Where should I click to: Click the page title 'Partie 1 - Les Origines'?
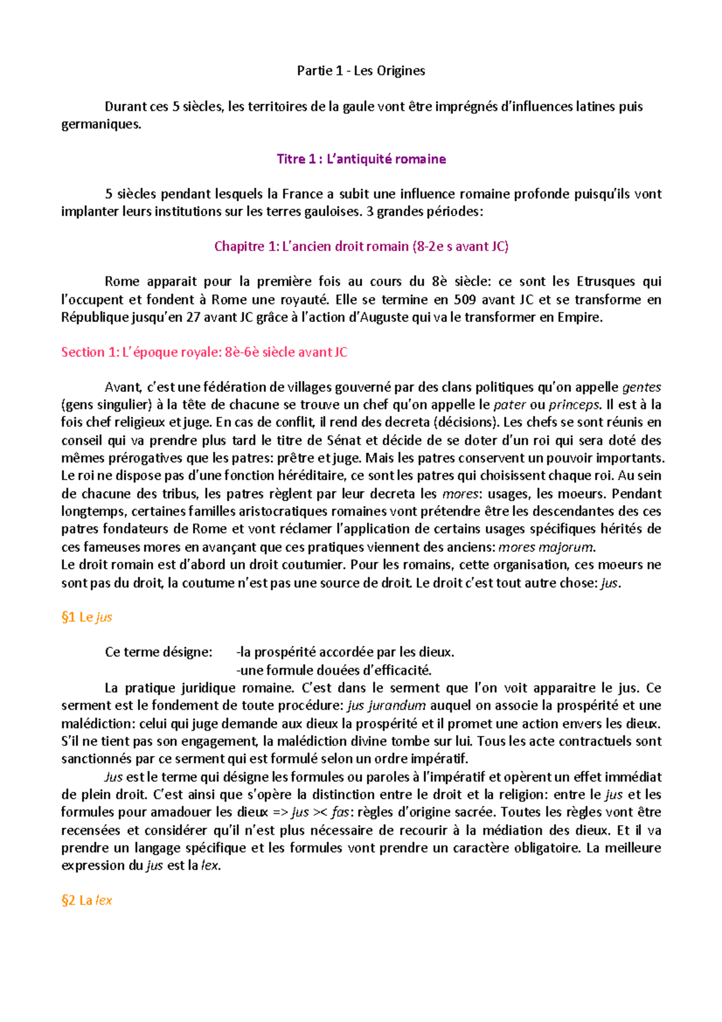(361, 71)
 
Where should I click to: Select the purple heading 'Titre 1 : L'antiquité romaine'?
(361, 159)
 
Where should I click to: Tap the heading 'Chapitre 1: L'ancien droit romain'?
(361, 247)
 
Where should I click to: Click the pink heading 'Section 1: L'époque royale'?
(204, 353)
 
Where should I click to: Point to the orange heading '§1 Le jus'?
(87, 618)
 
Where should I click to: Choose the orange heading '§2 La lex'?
(87, 901)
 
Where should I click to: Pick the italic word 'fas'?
(339, 813)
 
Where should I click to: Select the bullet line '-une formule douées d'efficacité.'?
(334, 670)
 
